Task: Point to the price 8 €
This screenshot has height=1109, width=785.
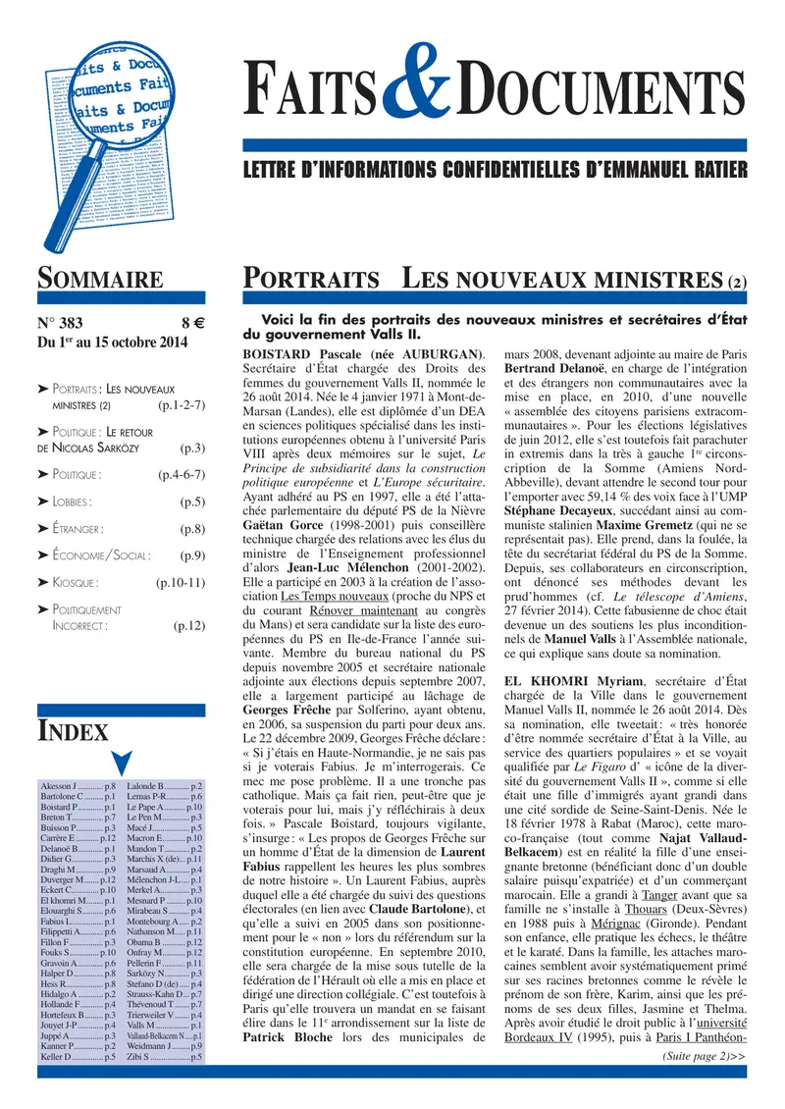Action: (x=191, y=322)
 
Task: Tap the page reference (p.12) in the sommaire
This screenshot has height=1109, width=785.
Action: (x=187, y=624)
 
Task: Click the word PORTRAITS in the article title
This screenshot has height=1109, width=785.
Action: (x=311, y=279)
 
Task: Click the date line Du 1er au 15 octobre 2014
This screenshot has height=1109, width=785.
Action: (x=111, y=343)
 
